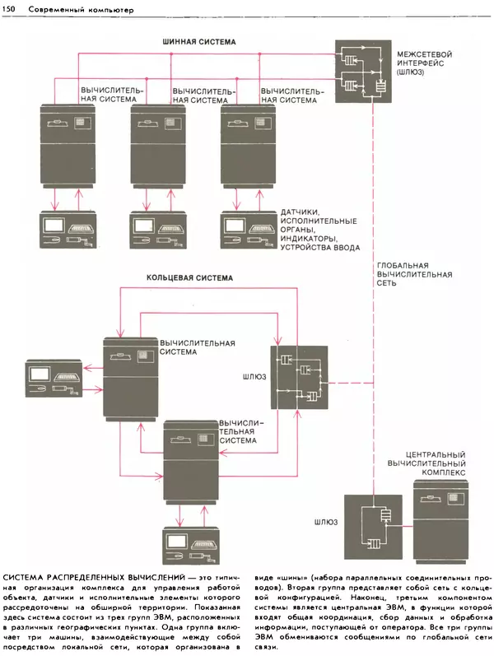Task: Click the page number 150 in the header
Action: coord(12,8)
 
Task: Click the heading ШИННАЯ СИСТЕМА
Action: coord(198,41)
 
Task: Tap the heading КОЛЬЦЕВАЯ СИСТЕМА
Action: coord(189,278)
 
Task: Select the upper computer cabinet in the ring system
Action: coord(129,378)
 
